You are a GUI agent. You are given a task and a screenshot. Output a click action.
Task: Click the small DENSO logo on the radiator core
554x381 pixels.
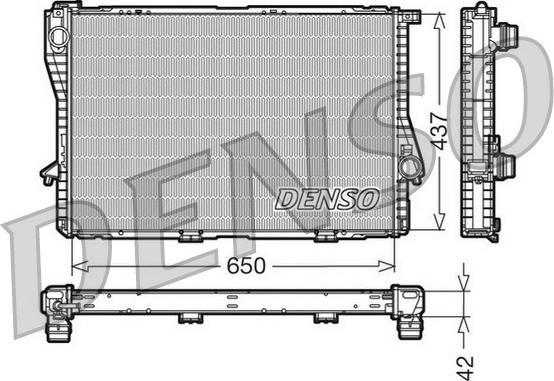click(x=326, y=198)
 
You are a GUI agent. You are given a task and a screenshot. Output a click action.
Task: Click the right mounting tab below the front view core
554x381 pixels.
click(x=325, y=239)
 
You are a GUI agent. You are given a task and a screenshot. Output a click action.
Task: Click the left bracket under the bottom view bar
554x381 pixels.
click(x=188, y=317)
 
